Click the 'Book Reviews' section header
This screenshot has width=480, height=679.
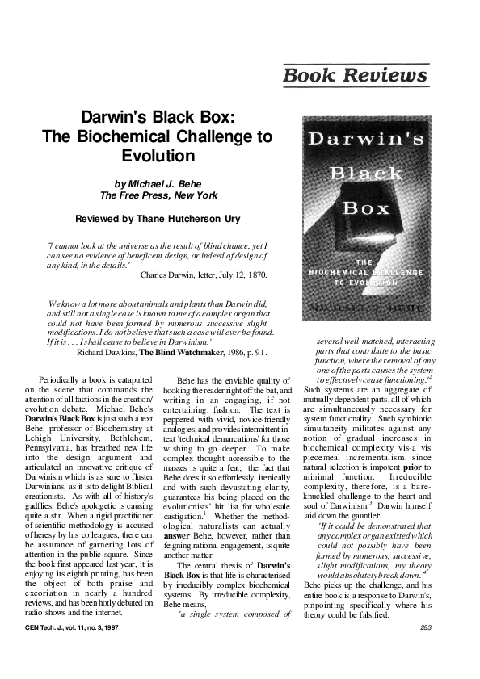[x=355, y=76]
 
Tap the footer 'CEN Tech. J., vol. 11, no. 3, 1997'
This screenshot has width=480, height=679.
[x=70, y=627]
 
